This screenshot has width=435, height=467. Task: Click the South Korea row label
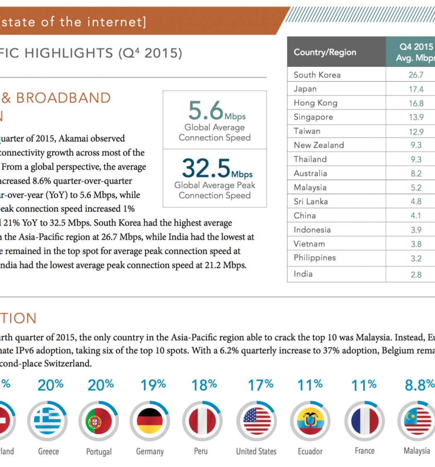[317, 75]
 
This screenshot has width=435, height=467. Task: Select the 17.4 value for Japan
[416, 89]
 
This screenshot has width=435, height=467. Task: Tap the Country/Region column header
[324, 52]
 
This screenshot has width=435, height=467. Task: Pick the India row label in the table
[303, 274]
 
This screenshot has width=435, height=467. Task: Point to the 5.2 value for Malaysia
[416, 188]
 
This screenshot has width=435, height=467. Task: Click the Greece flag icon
[48, 421]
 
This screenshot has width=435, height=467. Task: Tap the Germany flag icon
[150, 421]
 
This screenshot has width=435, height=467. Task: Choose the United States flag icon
[256, 421]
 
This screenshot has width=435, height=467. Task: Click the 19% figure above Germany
[153, 385]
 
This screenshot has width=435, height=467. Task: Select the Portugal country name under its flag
[99, 452]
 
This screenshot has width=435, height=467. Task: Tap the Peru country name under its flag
[201, 451]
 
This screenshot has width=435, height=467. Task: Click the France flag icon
[365, 421]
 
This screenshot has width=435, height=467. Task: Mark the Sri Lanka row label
[310, 202]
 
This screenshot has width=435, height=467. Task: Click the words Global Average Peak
[215, 185]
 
